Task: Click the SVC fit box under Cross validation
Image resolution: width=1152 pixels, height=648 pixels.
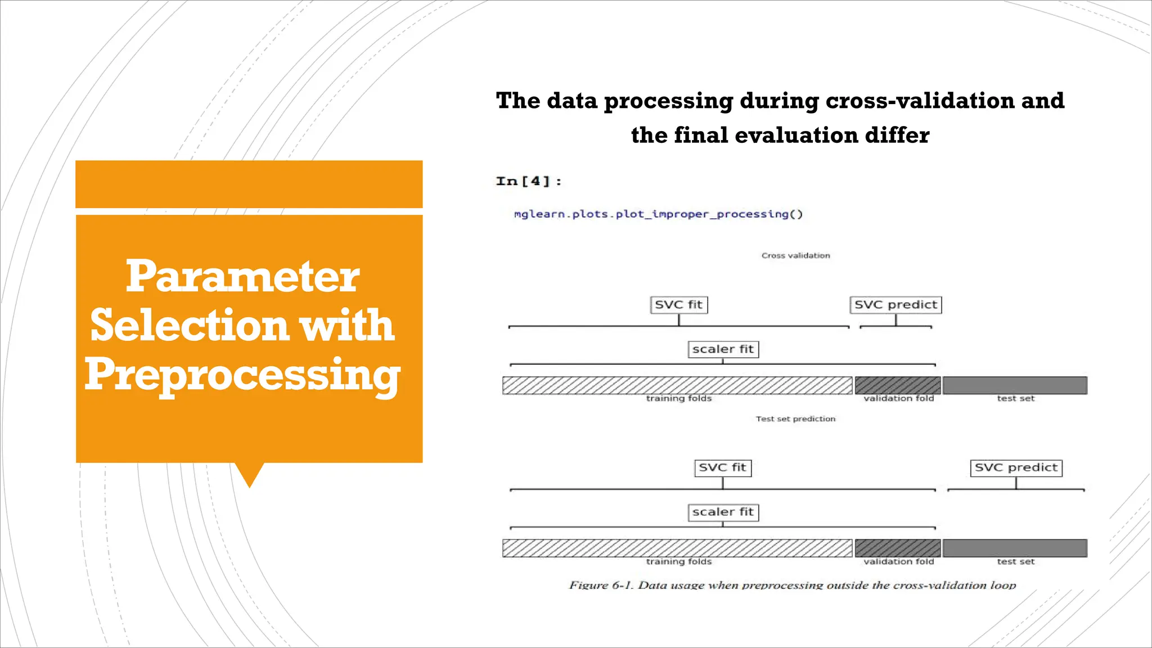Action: (678, 305)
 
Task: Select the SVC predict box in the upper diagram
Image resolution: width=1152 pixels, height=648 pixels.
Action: (895, 305)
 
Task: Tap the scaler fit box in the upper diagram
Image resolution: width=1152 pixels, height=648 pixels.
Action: (723, 349)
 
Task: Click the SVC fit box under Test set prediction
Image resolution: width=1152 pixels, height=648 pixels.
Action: (722, 468)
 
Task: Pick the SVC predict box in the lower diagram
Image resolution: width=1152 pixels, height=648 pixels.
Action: (1016, 468)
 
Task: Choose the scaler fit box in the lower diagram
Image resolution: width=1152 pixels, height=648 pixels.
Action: (723, 512)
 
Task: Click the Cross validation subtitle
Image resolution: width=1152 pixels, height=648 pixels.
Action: (795, 256)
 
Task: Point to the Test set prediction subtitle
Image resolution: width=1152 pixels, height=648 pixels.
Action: (795, 419)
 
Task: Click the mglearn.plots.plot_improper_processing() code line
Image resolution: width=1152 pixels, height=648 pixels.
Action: (658, 214)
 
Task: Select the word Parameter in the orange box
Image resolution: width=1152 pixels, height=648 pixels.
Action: (242, 277)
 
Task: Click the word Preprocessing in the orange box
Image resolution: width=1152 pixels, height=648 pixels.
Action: (242, 375)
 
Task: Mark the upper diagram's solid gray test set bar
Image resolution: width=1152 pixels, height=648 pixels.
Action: (1015, 385)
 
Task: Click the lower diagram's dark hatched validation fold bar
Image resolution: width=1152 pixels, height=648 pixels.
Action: (898, 548)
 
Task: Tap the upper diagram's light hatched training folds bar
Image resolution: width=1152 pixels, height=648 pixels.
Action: (677, 385)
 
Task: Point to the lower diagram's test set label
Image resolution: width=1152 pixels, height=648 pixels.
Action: (1015, 561)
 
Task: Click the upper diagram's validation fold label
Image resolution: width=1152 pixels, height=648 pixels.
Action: (898, 399)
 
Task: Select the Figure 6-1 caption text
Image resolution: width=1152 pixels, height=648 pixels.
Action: (793, 585)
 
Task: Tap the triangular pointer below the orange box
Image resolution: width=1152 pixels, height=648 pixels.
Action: (249, 474)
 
